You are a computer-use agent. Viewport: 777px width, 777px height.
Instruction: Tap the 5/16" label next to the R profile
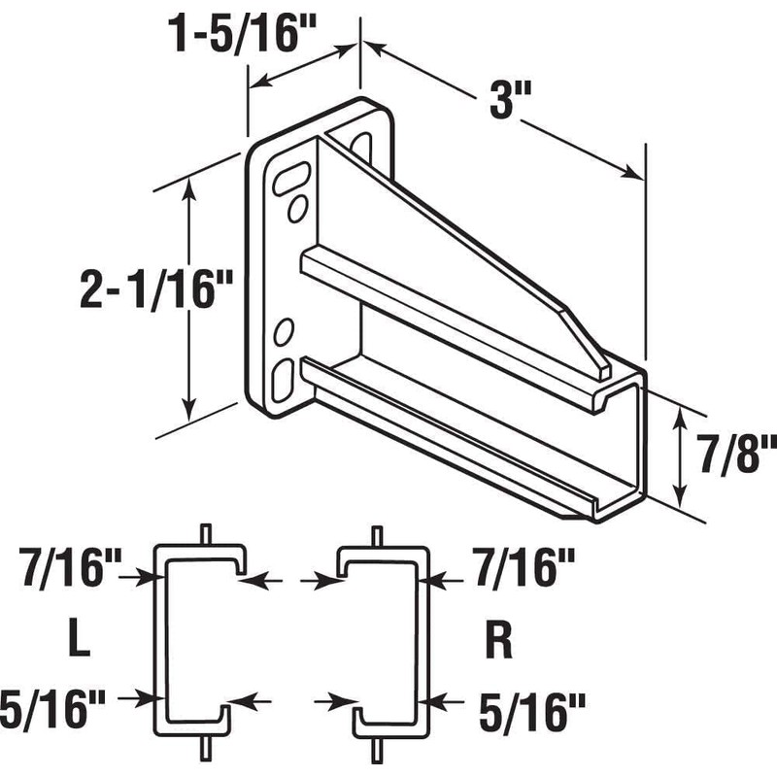coord(528,702)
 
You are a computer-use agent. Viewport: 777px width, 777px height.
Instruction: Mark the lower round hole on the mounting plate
coord(285,332)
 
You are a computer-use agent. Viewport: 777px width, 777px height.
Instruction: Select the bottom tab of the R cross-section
coord(377,747)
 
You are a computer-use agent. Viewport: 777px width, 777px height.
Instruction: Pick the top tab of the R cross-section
coord(377,534)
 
